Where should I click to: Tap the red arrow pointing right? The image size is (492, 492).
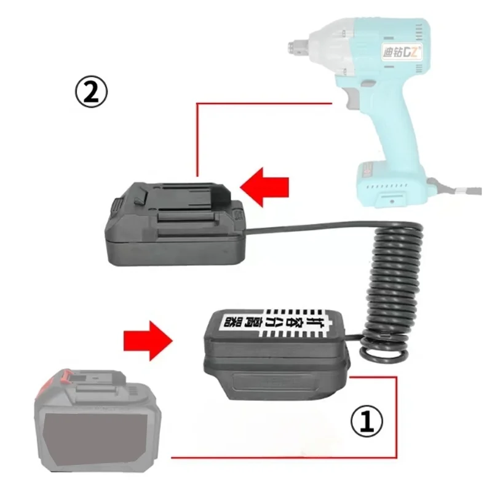coord(146,339)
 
